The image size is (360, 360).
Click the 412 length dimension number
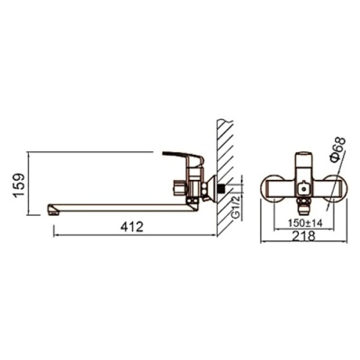tap(132, 227)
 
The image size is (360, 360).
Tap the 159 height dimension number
tap(19, 184)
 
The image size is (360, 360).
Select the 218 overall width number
tap(304, 236)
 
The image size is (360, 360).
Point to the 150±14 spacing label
tap(305, 223)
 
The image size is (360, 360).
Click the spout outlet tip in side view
tap(52, 210)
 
